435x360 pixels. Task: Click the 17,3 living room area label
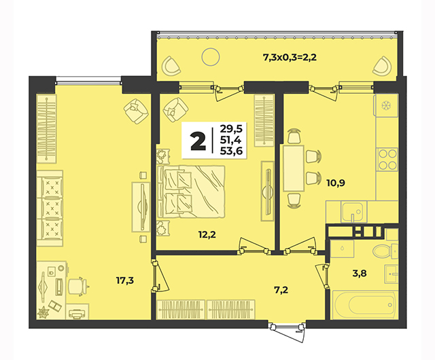click(125, 281)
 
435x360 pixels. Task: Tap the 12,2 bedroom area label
click(207, 234)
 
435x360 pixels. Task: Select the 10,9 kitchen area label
click(336, 183)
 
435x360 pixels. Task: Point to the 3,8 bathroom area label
click(360, 274)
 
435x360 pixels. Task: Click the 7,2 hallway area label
click(281, 290)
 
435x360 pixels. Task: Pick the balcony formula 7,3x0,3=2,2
click(290, 58)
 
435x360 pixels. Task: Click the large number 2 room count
click(198, 141)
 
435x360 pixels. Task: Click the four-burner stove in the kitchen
click(387, 160)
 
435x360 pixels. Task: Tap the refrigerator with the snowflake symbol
click(386, 105)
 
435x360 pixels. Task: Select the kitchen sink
click(352, 212)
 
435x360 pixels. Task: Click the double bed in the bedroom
click(190, 192)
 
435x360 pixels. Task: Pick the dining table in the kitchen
click(294, 168)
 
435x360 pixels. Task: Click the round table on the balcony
click(211, 57)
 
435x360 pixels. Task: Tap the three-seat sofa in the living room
click(50, 209)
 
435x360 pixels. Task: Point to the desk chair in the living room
click(77, 286)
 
